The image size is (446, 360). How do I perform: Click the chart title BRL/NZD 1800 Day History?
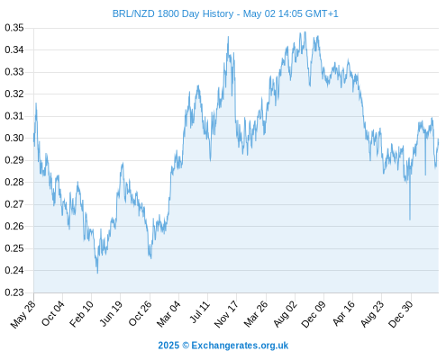coord(173,13)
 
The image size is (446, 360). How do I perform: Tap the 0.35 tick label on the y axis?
coord(14,28)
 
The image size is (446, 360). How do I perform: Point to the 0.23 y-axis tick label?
coord(14,292)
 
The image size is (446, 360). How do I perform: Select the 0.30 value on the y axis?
coord(14,139)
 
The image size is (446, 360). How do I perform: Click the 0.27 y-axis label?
coord(14,204)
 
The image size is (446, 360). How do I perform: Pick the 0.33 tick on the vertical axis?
coord(14,72)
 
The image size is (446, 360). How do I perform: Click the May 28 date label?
coord(23,314)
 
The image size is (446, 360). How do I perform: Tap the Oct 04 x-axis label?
coord(53,314)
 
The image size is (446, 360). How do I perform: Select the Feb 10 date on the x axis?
coord(81,314)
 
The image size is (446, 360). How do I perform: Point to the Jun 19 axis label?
coord(111,314)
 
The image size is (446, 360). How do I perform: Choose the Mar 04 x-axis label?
coord(168,314)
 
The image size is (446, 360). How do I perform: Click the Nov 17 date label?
coord(226,314)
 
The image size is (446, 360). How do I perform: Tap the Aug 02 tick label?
coord(285,314)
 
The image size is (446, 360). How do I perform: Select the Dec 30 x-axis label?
coord(401,314)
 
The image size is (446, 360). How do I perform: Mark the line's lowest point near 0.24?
coord(97,273)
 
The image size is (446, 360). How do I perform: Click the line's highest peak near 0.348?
coord(305,31)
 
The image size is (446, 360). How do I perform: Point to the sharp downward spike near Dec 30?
coord(410,220)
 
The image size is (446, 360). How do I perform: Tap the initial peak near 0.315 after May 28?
coord(36,103)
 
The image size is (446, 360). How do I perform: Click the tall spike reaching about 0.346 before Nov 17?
coord(228,37)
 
